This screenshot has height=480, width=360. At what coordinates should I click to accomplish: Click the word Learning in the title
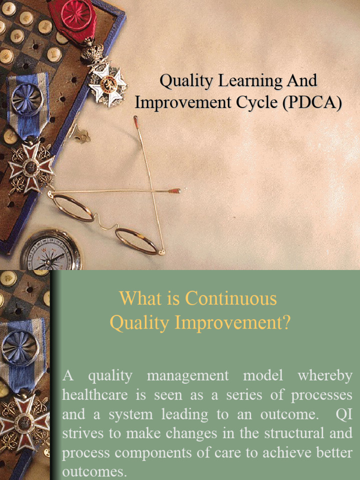[x=239, y=81]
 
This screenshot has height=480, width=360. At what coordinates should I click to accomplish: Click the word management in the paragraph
[x=187, y=376]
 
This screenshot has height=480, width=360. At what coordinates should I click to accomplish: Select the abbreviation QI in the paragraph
[x=344, y=414]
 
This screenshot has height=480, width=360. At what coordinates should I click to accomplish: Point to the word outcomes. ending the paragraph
[x=95, y=471]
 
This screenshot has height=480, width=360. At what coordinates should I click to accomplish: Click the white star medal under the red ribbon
[x=107, y=84]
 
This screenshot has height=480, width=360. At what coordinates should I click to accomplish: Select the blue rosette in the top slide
[x=27, y=99]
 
